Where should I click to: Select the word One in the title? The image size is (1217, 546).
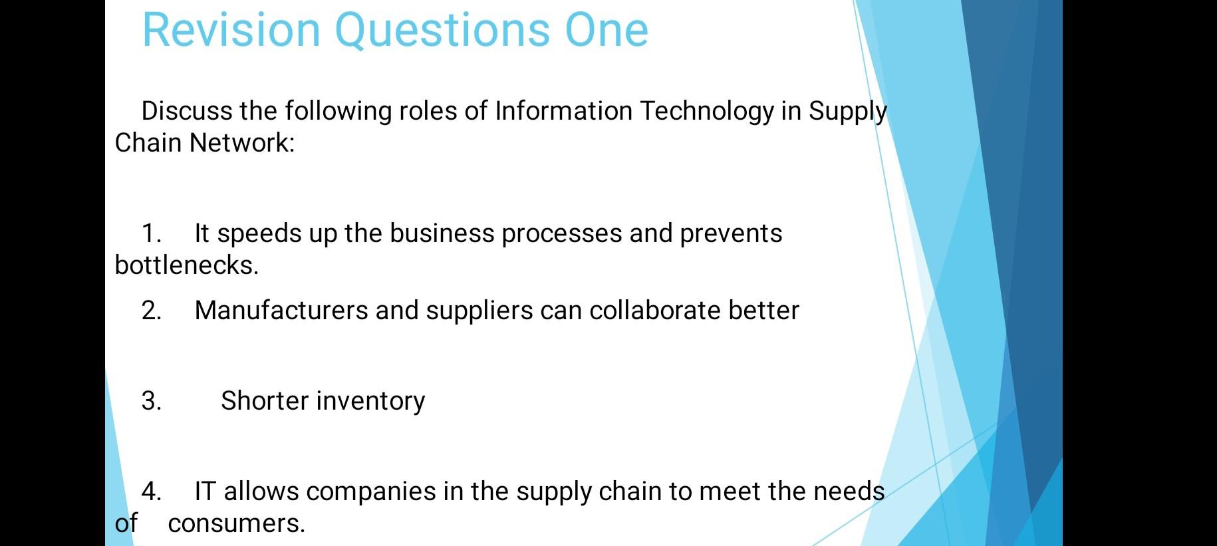tap(607, 30)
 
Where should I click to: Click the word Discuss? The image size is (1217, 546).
tap(187, 111)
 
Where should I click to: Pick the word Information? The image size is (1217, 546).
tap(563, 111)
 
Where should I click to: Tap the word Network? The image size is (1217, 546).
tap(241, 142)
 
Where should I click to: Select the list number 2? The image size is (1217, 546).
tap(151, 311)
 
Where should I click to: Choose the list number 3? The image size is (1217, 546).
tap(151, 401)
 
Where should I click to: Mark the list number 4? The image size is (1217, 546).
tap(151, 491)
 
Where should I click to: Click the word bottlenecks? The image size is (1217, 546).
tap(186, 265)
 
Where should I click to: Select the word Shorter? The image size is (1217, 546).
tap(265, 401)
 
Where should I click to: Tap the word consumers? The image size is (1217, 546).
tap(236, 524)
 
